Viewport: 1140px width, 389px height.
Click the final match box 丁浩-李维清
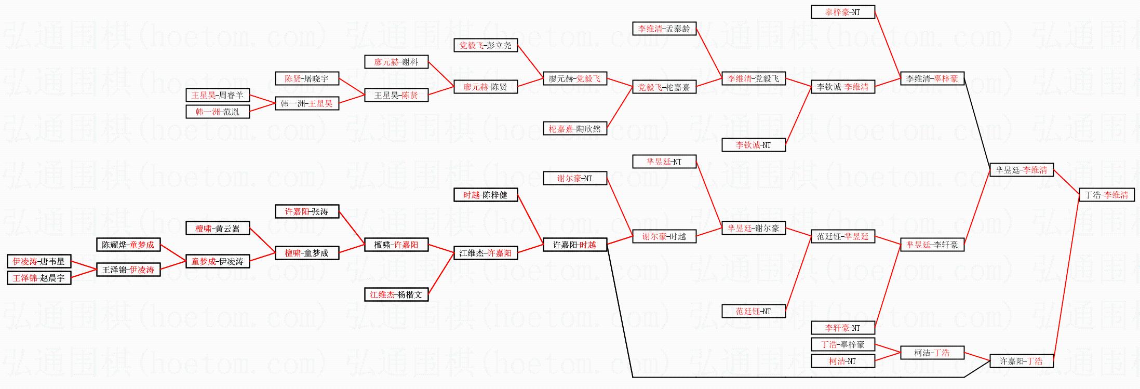(1106, 195)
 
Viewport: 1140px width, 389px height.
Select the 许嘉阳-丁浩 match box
(1021, 361)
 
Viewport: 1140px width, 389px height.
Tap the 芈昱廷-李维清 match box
(1021, 170)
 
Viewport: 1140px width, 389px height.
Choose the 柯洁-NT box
(842, 361)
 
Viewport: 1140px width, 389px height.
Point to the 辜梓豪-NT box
(842, 12)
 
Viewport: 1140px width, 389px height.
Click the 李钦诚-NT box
(753, 145)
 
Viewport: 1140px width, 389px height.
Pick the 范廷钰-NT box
(753, 311)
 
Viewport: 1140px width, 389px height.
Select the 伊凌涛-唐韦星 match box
(39, 261)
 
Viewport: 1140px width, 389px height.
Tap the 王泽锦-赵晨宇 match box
(39, 278)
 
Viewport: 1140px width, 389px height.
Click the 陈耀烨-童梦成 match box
(128, 245)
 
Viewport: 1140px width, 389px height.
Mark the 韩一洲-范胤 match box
(218, 112)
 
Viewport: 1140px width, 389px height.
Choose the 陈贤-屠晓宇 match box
(307, 78)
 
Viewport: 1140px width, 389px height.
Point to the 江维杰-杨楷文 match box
(396, 294)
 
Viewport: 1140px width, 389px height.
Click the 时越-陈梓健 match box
(486, 195)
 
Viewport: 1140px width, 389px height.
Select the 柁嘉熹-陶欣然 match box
(574, 128)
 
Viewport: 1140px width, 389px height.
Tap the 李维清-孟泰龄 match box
(664, 29)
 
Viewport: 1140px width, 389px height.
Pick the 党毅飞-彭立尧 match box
(486, 45)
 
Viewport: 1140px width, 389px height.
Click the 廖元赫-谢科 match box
(396, 62)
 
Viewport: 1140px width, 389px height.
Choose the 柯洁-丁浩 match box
(932, 353)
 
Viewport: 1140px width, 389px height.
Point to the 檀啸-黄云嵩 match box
(218, 228)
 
